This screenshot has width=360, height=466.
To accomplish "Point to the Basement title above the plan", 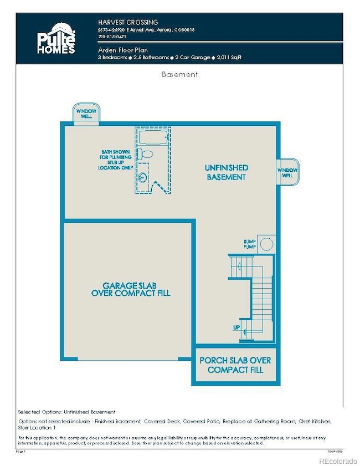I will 179,74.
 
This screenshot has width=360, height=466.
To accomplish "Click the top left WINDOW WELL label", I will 86,114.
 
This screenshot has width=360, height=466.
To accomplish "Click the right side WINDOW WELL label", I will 287,172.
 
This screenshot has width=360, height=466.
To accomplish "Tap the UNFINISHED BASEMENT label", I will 226,172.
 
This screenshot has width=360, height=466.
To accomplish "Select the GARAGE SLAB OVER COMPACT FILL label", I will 131,289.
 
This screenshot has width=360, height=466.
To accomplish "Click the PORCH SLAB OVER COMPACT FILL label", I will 235,365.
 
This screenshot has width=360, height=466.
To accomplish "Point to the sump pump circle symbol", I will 266,244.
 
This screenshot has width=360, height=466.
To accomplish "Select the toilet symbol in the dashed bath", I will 147,154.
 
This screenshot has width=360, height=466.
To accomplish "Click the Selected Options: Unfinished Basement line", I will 67,412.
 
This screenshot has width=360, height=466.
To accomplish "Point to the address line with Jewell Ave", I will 146,29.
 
